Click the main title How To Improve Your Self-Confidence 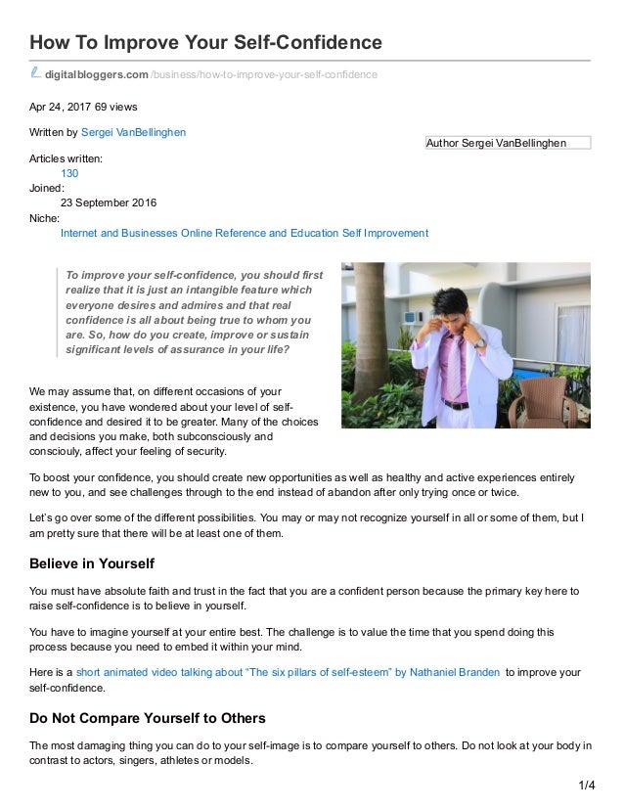coord(205,43)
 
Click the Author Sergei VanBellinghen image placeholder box coord(509,143)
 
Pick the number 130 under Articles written coord(69,173)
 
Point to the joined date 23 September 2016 coord(109,203)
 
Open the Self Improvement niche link coord(385,234)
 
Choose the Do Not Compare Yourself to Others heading coord(148,718)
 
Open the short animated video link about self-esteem coord(289,671)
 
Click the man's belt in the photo coord(456,403)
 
